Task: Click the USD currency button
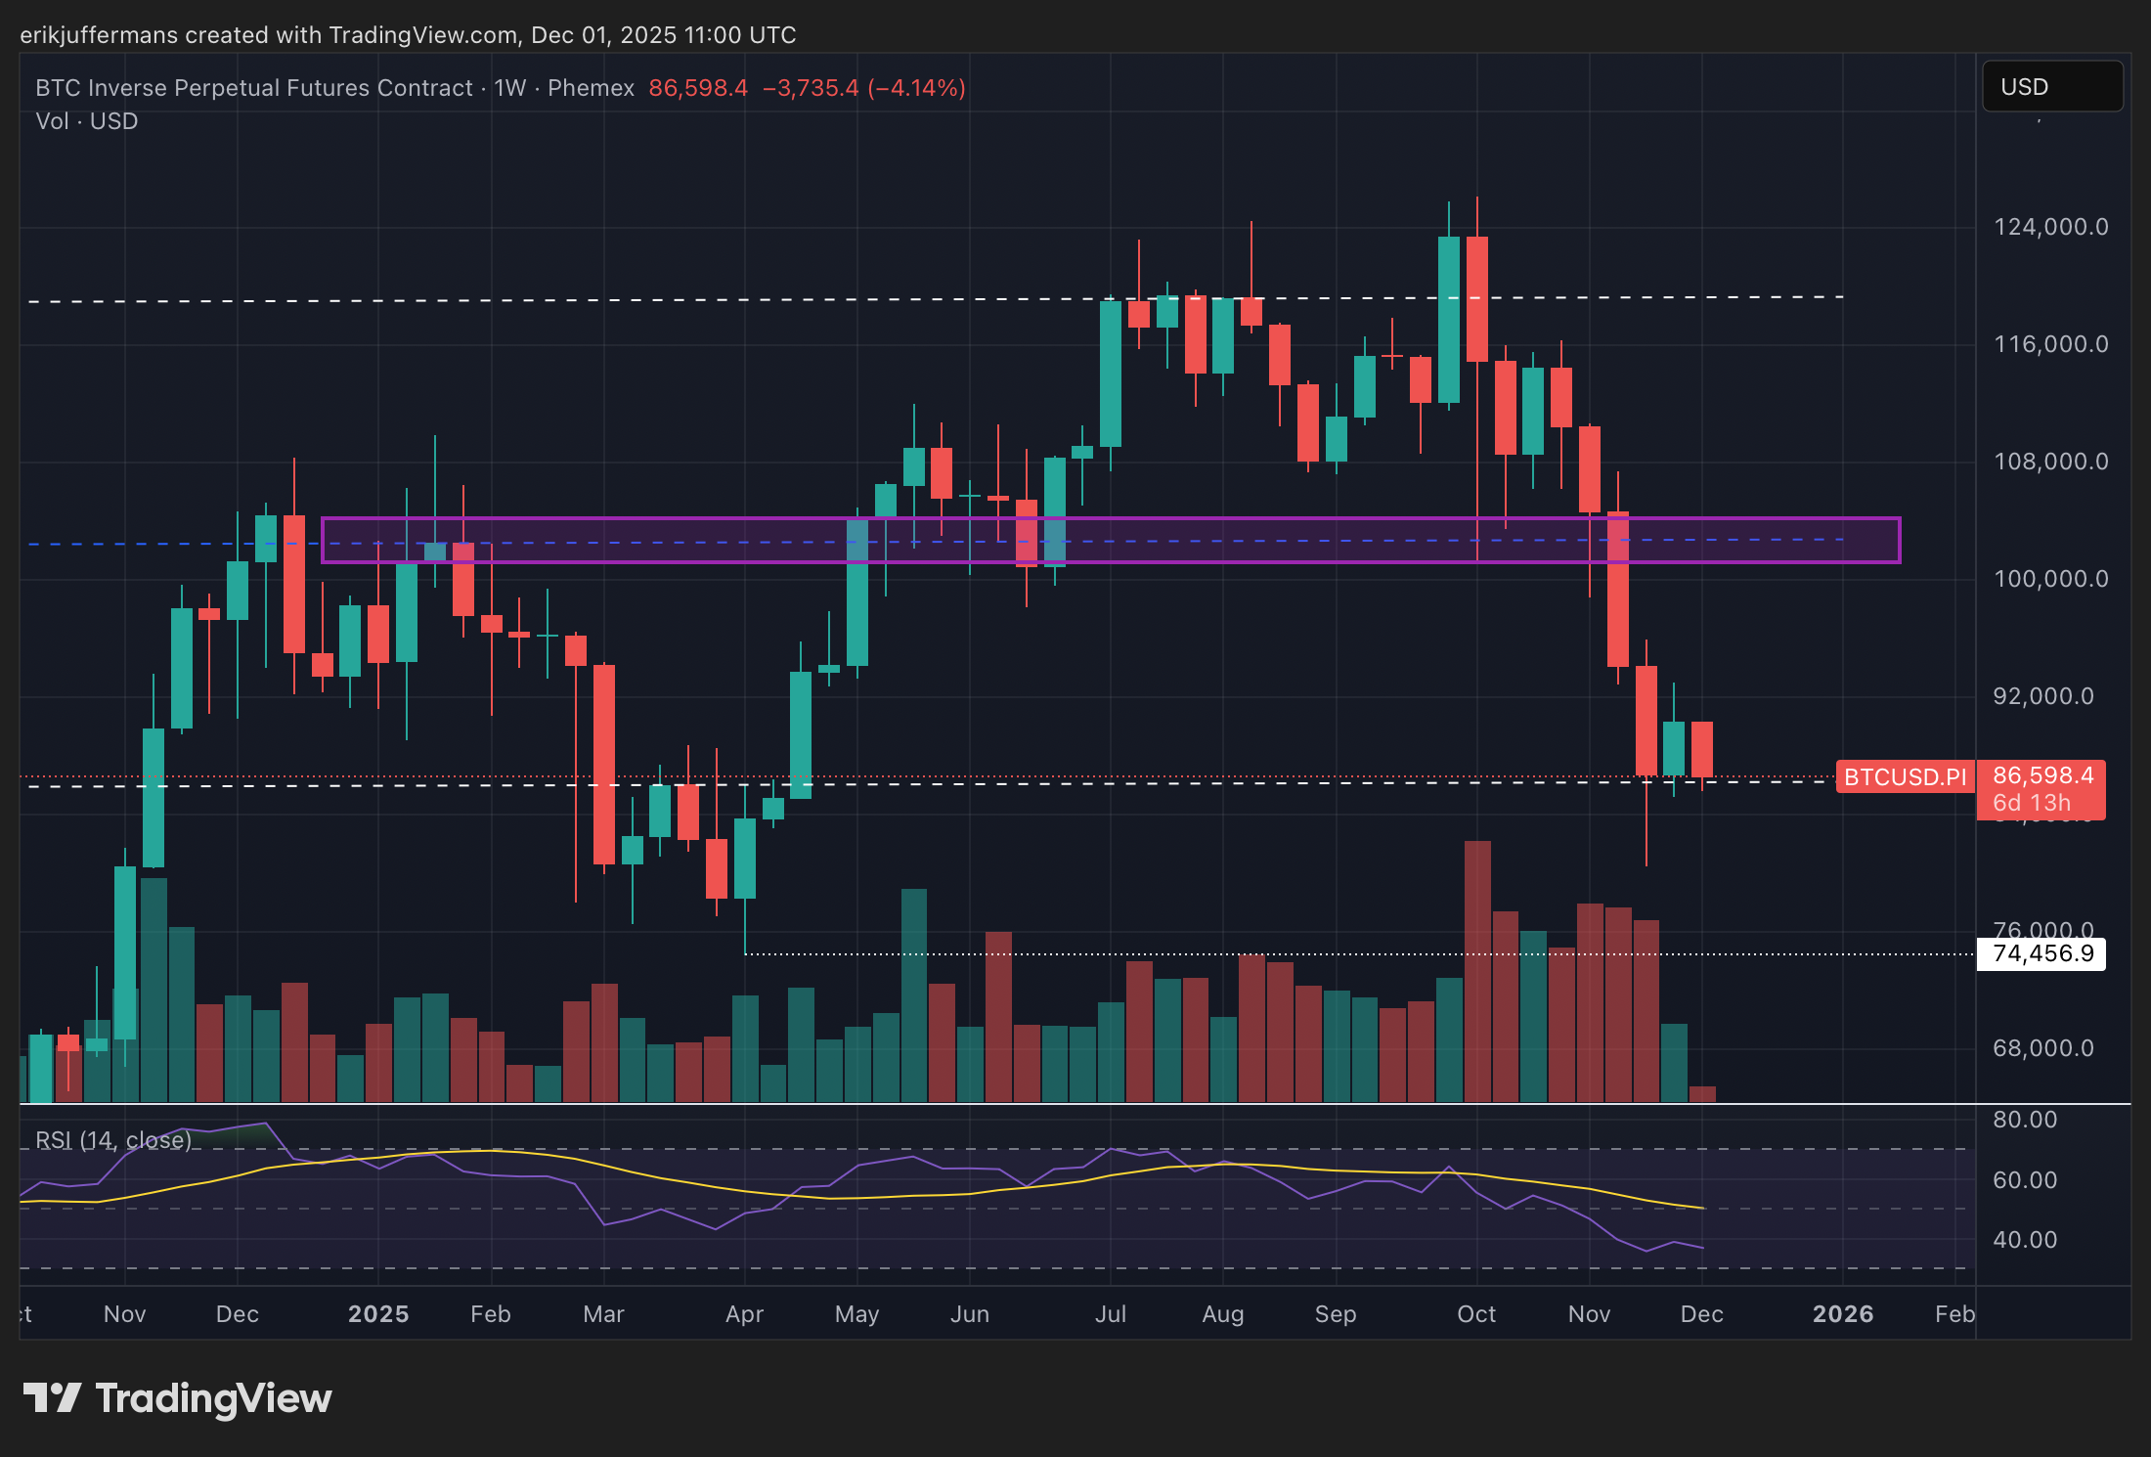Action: [2050, 87]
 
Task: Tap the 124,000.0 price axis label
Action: [2050, 227]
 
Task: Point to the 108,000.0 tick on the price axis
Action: [2050, 462]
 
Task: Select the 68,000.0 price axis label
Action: [2042, 1048]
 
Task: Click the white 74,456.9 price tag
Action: [2042, 953]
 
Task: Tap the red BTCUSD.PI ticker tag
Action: [1905, 777]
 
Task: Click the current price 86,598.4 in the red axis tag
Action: [2042, 775]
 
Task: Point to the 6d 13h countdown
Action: [2031, 804]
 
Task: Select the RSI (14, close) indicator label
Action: [113, 1140]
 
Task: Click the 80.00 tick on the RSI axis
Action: [2024, 1120]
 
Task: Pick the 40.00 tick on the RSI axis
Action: [2024, 1240]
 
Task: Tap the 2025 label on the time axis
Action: [378, 1314]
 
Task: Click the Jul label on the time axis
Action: [1111, 1314]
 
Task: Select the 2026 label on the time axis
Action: [1843, 1314]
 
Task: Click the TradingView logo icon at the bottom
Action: [52, 1398]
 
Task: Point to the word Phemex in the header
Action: [591, 88]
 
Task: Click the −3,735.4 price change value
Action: [811, 88]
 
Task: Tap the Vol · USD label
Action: [87, 121]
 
